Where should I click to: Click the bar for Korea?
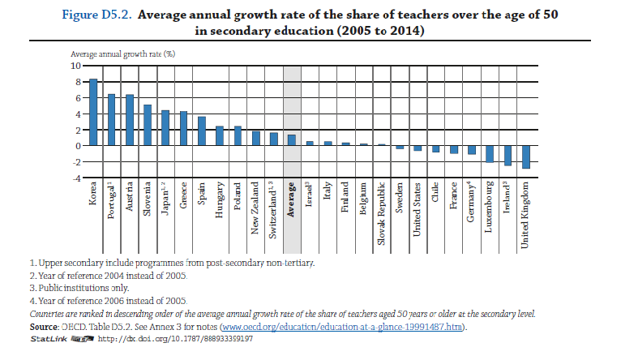(93, 112)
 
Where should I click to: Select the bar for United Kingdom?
(525, 157)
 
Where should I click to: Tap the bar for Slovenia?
(148, 125)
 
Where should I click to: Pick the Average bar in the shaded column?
(292, 140)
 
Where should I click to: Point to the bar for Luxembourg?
(490, 154)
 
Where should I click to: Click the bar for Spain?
(202, 131)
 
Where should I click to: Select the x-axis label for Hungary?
(221, 202)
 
